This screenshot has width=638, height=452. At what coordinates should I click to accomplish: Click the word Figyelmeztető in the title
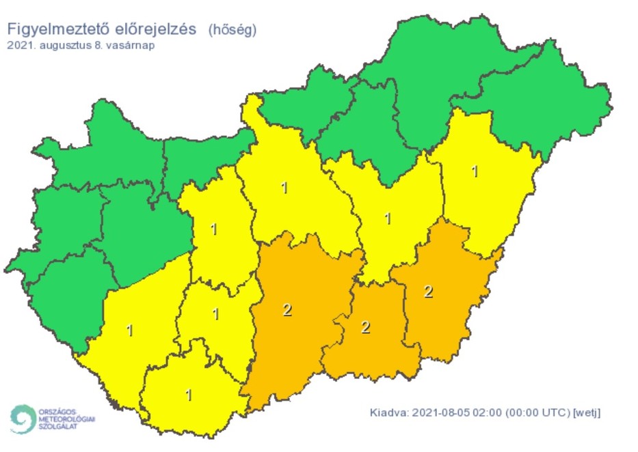[x=55, y=30]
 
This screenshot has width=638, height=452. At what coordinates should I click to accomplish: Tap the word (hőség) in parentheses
[x=232, y=30]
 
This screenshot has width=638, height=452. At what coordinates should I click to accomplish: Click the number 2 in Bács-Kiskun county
[x=287, y=311]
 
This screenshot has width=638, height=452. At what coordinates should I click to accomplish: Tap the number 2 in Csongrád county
[x=365, y=327]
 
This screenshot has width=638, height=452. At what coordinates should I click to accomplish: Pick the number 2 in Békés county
[x=429, y=292]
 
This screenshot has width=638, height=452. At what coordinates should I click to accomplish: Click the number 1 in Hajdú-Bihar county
[x=475, y=171]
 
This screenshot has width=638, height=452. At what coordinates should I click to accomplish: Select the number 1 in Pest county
[x=284, y=187]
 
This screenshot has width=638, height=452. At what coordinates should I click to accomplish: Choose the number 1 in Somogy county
[x=130, y=331]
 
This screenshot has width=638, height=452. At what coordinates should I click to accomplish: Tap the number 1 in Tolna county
[x=216, y=315]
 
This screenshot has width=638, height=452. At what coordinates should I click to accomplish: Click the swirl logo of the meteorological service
[x=23, y=418]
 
